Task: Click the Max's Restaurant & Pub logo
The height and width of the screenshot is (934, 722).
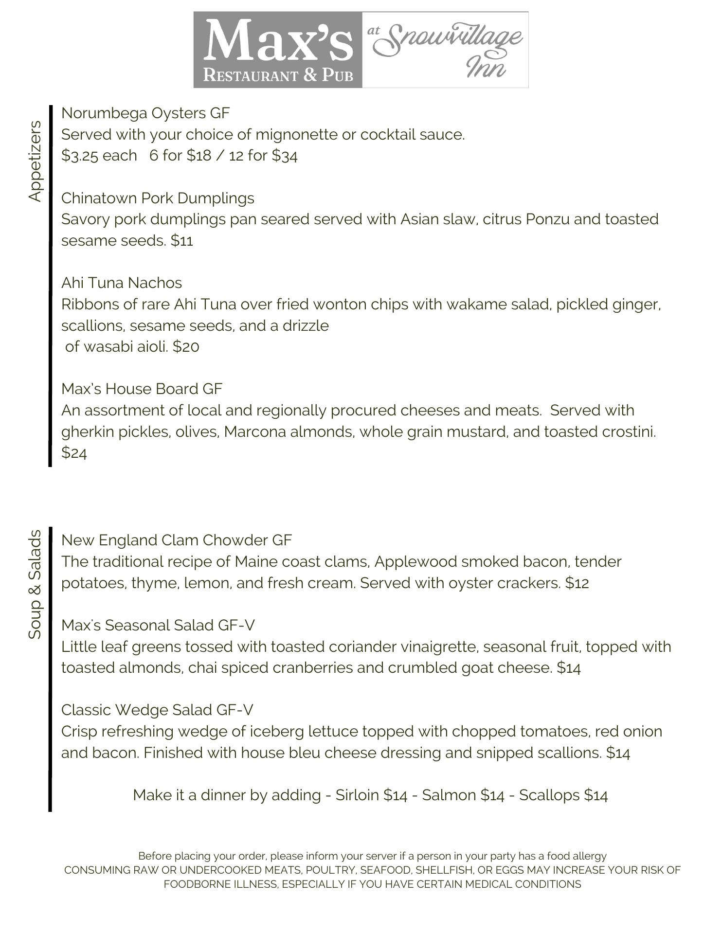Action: (x=278, y=50)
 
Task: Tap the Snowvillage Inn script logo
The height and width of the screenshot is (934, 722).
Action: (x=445, y=50)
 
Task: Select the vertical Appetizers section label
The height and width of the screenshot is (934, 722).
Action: (x=35, y=161)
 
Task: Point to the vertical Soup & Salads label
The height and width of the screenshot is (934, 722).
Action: (x=35, y=584)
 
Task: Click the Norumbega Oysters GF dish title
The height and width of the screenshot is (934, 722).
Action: (x=145, y=113)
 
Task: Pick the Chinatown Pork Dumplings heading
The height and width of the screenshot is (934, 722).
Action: (x=158, y=198)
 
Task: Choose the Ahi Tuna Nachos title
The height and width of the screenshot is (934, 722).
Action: (x=122, y=283)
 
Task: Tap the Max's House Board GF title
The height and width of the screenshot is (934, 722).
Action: (x=142, y=389)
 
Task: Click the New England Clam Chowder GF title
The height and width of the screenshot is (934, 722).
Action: (x=176, y=540)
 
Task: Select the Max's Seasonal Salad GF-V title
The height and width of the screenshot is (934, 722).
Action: (x=158, y=625)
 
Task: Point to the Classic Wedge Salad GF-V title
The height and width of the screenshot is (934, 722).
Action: (x=157, y=710)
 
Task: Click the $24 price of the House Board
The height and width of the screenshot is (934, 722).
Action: (x=74, y=453)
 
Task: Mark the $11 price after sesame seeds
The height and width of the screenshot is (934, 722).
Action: (x=182, y=241)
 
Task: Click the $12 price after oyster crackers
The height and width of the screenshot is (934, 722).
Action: (x=577, y=583)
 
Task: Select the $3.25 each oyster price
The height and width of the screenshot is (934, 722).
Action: (x=99, y=156)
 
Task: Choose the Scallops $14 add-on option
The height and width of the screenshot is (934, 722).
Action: (x=563, y=795)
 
